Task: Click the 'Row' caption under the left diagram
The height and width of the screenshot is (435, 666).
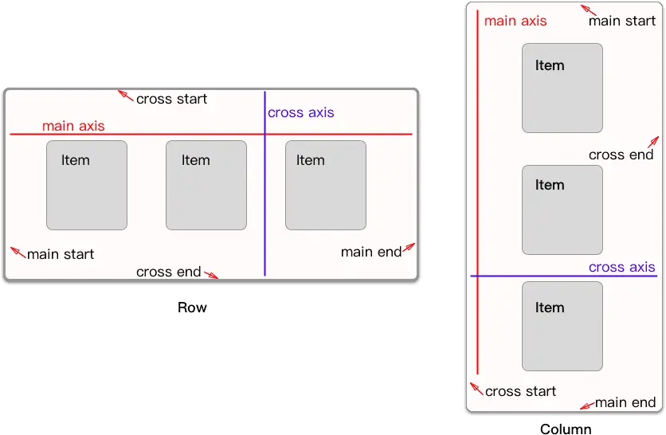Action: (x=192, y=308)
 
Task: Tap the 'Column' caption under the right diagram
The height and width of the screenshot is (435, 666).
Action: (x=566, y=429)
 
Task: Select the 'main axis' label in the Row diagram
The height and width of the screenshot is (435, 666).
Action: (x=73, y=126)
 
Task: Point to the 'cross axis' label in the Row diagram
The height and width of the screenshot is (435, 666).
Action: (x=300, y=112)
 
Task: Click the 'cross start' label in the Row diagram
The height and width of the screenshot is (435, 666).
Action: (x=171, y=99)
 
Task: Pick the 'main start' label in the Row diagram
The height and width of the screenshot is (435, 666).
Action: (x=61, y=254)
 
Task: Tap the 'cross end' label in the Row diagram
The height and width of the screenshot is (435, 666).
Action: (x=169, y=272)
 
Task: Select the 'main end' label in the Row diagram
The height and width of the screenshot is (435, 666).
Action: (x=371, y=252)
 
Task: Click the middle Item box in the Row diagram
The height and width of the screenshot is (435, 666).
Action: (x=206, y=185)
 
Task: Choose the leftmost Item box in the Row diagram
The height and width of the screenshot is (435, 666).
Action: (x=87, y=185)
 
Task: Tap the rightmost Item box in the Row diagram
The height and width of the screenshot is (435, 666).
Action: (x=326, y=185)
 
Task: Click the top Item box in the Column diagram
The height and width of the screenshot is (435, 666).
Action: (x=562, y=88)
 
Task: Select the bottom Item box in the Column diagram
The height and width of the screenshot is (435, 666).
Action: (x=562, y=327)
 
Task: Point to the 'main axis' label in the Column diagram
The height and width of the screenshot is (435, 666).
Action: (x=515, y=21)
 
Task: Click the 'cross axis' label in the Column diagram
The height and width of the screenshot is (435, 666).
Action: (x=622, y=267)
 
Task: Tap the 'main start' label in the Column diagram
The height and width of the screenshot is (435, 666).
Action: (x=622, y=21)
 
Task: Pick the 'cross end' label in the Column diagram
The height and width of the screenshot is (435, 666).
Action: (x=621, y=155)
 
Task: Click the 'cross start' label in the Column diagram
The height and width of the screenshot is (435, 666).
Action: (x=520, y=391)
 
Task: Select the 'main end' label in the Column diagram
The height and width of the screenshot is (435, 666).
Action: (x=625, y=402)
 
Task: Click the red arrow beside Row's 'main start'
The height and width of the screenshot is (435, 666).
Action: (x=18, y=253)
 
